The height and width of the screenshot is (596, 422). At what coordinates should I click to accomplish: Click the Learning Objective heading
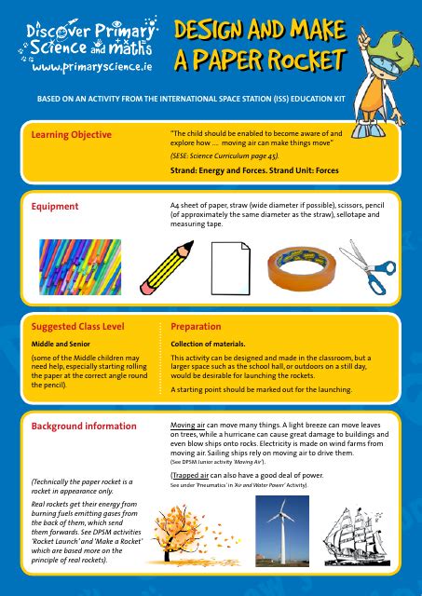[72, 135]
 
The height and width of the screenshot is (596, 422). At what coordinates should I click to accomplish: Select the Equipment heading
[55, 206]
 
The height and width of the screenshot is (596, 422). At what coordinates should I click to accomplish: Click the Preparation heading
[196, 327]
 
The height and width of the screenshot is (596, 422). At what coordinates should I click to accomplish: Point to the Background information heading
[86, 426]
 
